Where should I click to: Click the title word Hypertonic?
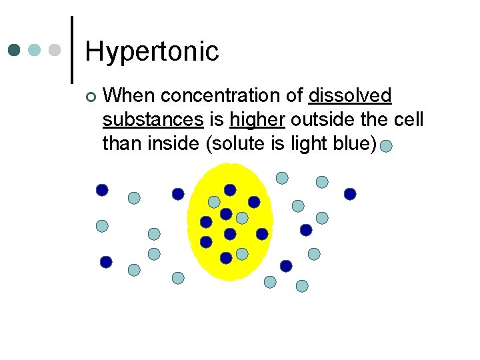[152, 51]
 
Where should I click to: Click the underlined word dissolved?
[350, 96]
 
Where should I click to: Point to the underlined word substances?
[153, 120]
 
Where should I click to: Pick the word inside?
[173, 143]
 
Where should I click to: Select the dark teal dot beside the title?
[15, 51]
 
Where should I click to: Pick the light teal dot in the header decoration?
[35, 51]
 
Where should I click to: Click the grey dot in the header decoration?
[55, 51]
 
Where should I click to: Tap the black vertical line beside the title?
[72, 50]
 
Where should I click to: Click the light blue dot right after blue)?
[386, 146]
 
